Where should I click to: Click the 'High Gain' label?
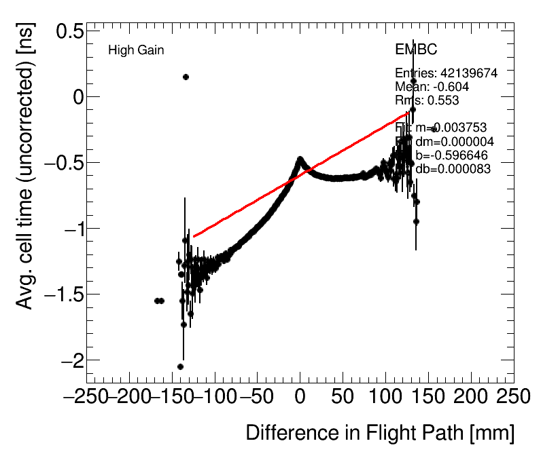pyautogui.click(x=136, y=50)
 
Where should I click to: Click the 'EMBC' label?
pyautogui.click(x=416, y=50)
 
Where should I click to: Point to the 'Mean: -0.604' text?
pyautogui.click(x=432, y=87)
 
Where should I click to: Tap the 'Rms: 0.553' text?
pyautogui.click(x=427, y=100)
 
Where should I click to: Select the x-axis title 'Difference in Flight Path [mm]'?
pyautogui.click(x=379, y=433)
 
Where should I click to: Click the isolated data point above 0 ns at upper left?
pyautogui.click(x=186, y=77)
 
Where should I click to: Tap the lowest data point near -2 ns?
pyautogui.click(x=180, y=366)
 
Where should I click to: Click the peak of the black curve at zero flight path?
pyautogui.click(x=300, y=159)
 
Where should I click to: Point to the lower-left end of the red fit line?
pyautogui.click(x=194, y=237)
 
